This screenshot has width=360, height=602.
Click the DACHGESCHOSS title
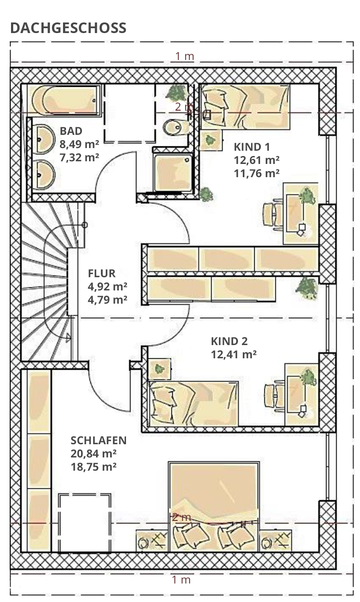point(68,28)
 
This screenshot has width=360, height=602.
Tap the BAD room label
point(71,131)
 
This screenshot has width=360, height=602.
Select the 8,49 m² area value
point(79,144)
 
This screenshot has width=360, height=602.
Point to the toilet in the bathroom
point(176,127)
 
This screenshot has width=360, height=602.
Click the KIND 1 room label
point(252,147)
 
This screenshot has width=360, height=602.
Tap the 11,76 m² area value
point(256,173)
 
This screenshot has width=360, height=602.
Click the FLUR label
point(101,273)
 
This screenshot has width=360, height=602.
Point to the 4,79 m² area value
point(108,300)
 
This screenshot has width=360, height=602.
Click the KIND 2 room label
point(229,341)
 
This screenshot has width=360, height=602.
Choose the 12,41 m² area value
point(234,354)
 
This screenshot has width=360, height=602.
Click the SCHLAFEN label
point(99,440)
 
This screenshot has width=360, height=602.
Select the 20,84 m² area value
point(93,453)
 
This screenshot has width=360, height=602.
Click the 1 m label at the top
point(185,56)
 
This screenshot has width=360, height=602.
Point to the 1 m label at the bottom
point(182,580)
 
